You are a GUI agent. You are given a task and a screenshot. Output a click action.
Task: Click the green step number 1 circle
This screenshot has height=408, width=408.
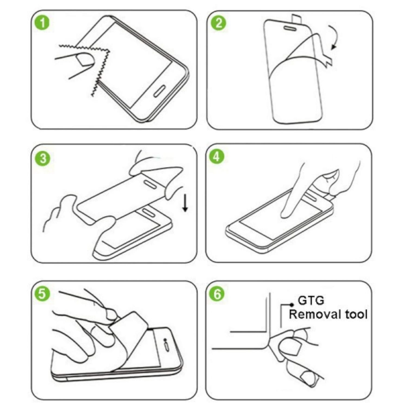pyautogui.click(x=42, y=23)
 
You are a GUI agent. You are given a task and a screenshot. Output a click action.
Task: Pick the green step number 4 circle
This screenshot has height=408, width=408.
pyautogui.click(x=217, y=157)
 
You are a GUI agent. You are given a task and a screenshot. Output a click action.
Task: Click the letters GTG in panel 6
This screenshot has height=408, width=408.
pyautogui.click(x=311, y=301)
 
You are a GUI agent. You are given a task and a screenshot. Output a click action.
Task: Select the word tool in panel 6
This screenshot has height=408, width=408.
pyautogui.click(x=356, y=314)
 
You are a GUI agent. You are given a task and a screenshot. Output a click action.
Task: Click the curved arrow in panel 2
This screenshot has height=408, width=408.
pyautogui.click(x=335, y=38)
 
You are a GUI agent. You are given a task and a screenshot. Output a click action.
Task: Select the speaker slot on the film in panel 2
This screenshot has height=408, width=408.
pyautogui.click(x=291, y=28)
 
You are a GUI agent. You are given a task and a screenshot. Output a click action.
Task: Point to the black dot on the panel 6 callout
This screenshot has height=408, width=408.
pyautogui.click(x=292, y=305)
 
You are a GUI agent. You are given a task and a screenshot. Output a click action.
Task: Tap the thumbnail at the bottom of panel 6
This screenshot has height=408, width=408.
pyautogui.click(x=309, y=378)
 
